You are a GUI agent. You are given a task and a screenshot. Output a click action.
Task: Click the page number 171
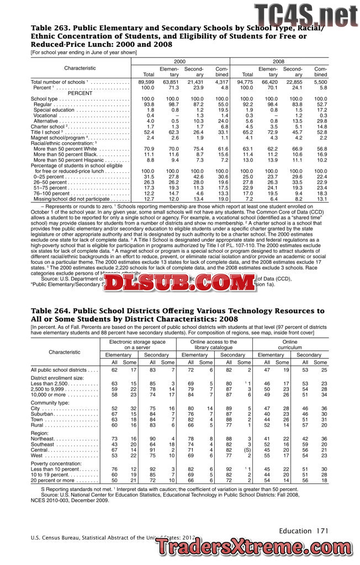click(322, 531)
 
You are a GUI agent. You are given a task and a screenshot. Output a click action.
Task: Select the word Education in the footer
click(295, 531)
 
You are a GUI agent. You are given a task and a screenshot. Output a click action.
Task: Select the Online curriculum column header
click(289, 345)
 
